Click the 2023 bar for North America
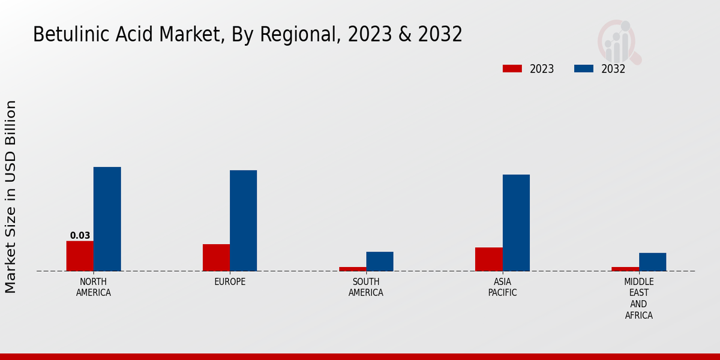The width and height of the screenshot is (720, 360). [x=80, y=256]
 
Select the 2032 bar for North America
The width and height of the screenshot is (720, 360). [x=107, y=219]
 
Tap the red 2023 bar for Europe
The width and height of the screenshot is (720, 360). [x=216, y=257]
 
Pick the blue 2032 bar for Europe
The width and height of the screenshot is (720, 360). [x=243, y=220]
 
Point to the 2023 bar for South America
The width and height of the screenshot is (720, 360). [x=352, y=269]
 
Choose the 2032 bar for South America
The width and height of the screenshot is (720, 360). [x=380, y=261]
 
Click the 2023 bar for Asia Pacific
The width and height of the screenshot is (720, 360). [x=488, y=259]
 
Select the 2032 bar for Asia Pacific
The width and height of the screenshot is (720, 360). [x=516, y=223]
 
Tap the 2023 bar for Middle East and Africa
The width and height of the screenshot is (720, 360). [x=625, y=269]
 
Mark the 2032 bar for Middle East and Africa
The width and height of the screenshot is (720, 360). [x=652, y=262]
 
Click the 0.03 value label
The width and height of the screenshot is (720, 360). [x=80, y=236]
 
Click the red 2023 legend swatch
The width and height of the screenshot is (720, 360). [x=512, y=69]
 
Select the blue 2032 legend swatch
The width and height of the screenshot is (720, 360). [x=584, y=69]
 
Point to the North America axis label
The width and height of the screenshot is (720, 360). [x=94, y=287]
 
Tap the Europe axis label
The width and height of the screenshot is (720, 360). [x=230, y=282]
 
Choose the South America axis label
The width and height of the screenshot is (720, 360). [x=366, y=287]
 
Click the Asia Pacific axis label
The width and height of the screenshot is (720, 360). [x=502, y=287]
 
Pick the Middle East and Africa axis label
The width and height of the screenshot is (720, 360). [x=639, y=298]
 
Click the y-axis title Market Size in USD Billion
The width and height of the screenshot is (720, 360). [x=11, y=197]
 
